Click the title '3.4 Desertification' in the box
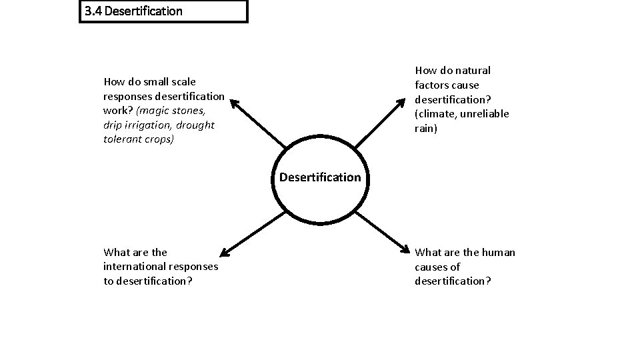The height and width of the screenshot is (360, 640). tap(134, 11)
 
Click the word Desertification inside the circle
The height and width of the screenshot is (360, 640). tap(320, 177)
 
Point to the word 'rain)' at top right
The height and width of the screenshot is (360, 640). tap(426, 128)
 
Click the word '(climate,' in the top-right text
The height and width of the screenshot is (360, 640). tap(437, 113)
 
